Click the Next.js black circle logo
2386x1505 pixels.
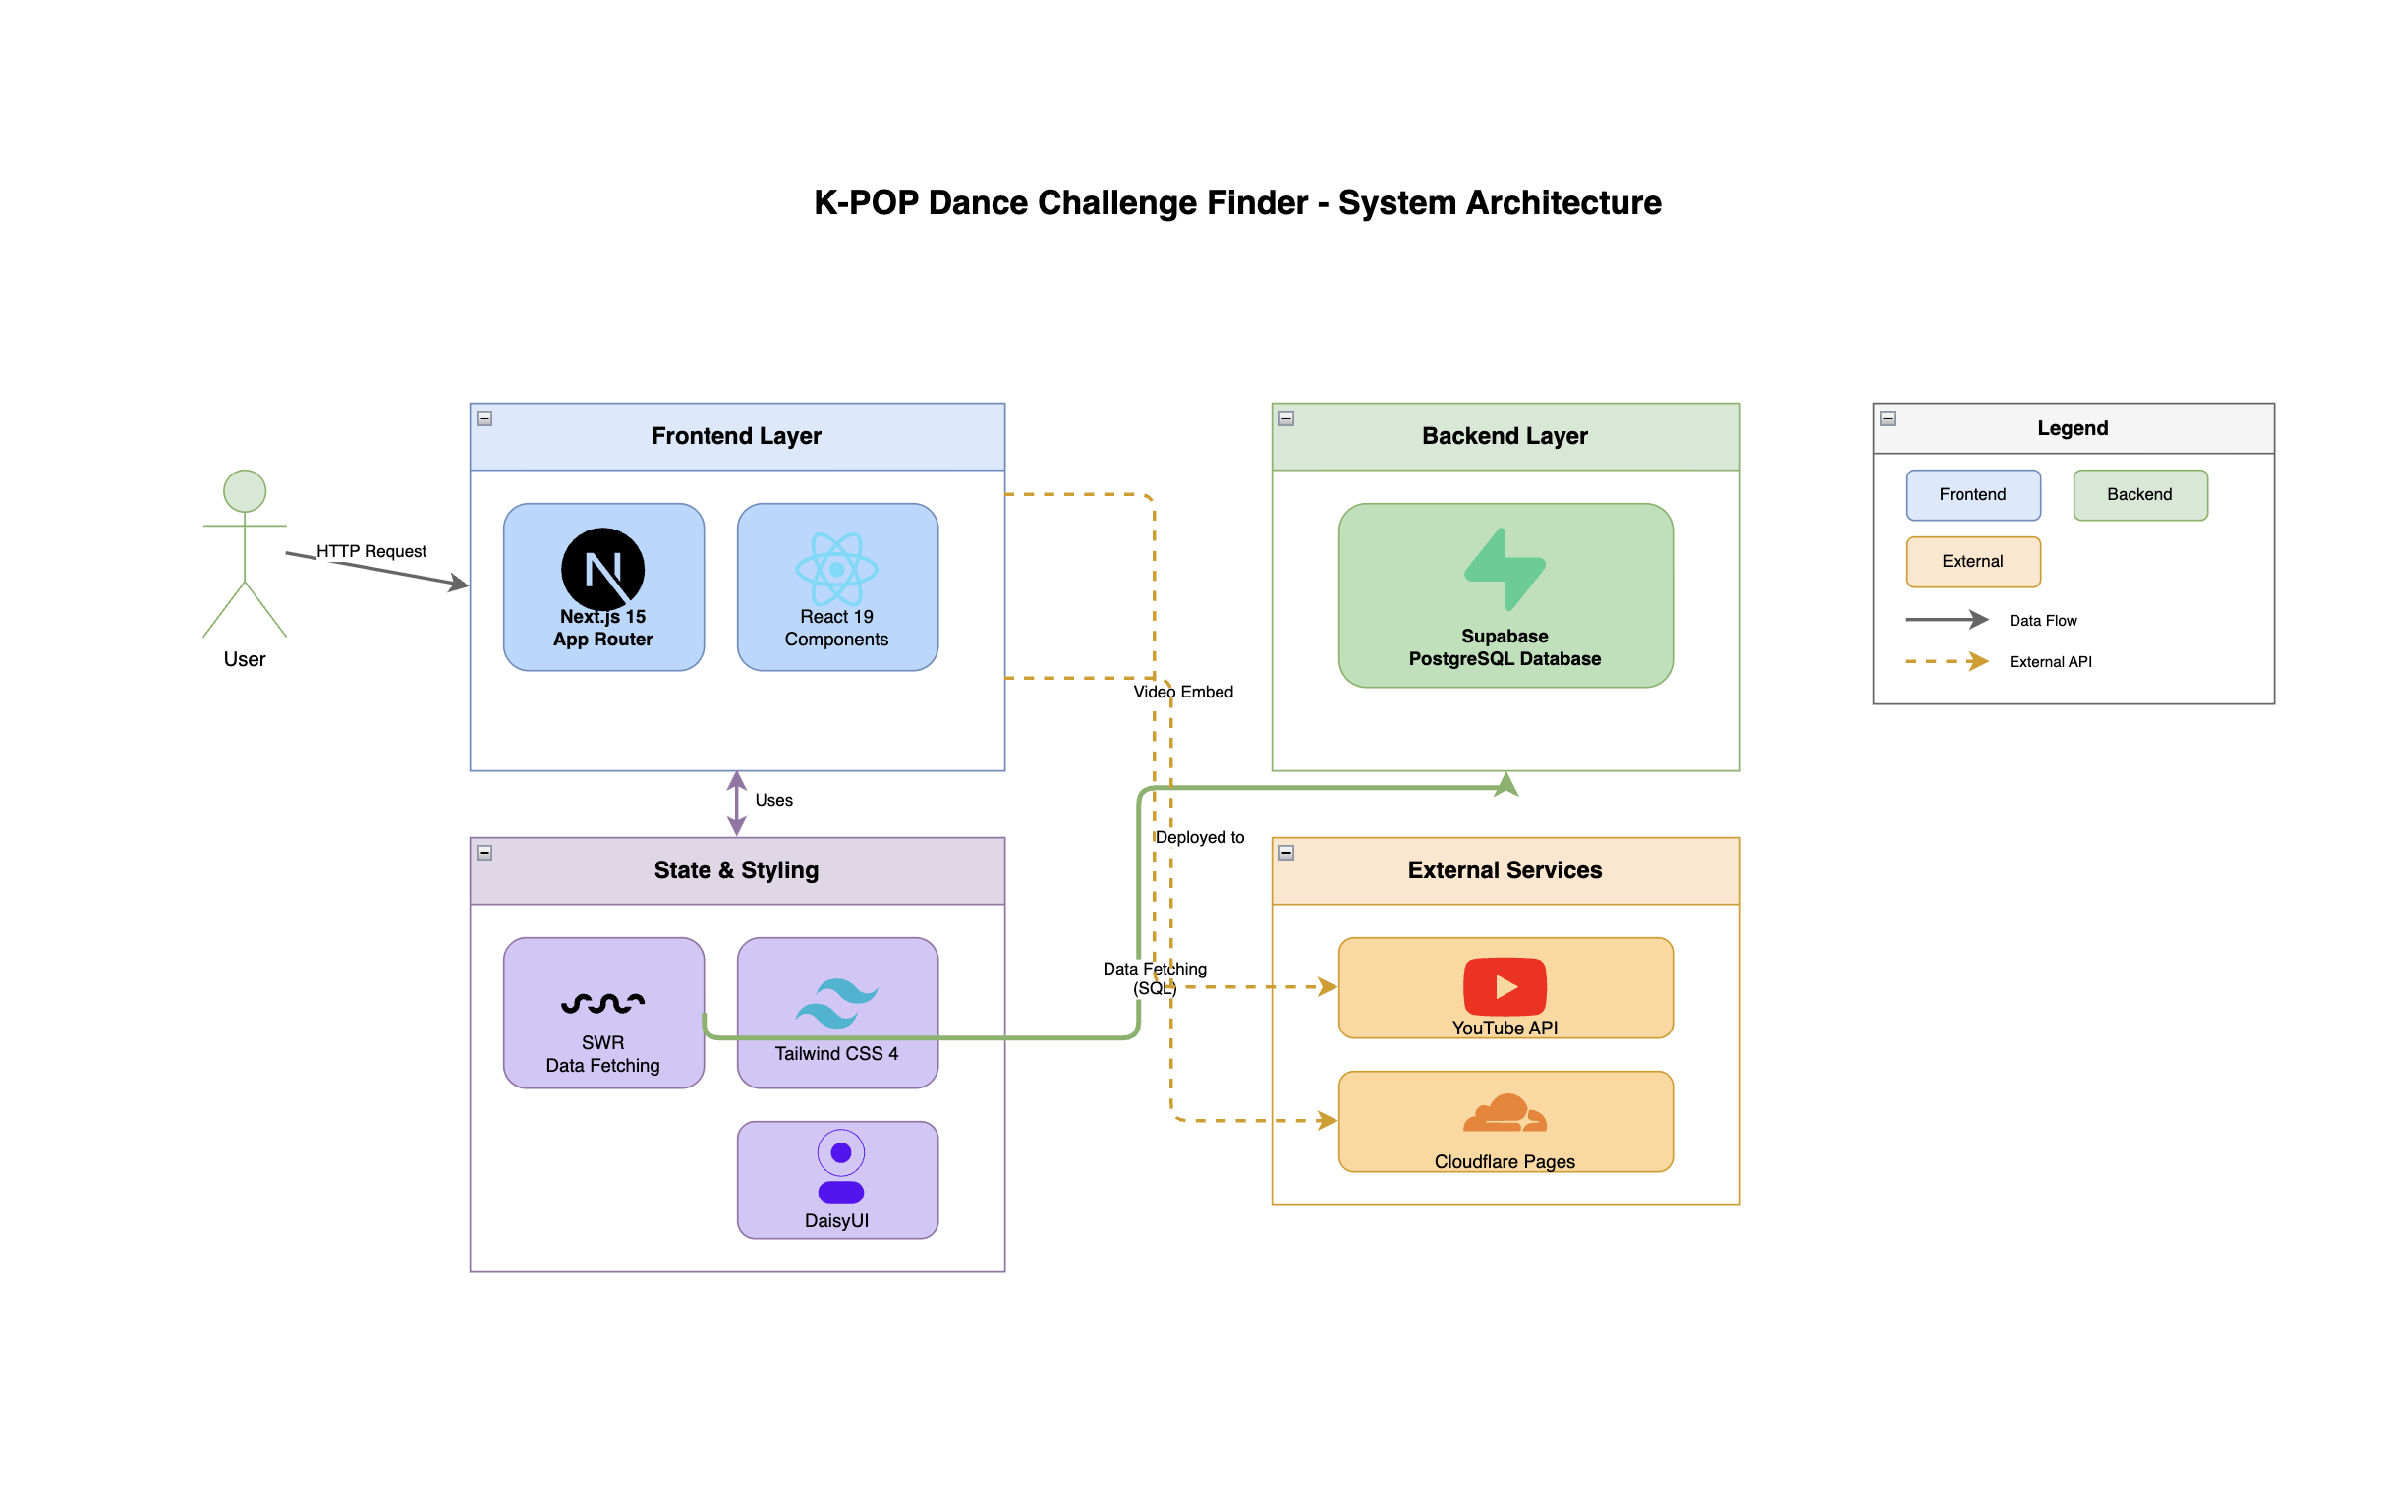[x=602, y=568]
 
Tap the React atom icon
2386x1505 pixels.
[x=836, y=568]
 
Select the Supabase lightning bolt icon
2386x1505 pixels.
[x=1505, y=569]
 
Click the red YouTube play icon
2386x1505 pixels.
[x=1505, y=986]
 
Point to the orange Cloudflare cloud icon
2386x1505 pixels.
[x=1505, y=1114]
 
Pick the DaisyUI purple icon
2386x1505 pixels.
[x=840, y=1167]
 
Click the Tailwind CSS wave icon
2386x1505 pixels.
[x=836, y=1002]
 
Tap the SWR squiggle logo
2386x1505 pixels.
[x=602, y=1003]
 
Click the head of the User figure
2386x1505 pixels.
[x=245, y=490]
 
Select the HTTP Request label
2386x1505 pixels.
[x=370, y=551]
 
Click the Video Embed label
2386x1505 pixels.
[x=1183, y=692]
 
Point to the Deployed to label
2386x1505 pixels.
[x=1199, y=837]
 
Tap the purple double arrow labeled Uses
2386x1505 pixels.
[x=736, y=803]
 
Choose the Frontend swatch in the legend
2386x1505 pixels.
[x=1973, y=494]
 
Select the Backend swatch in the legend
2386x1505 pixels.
[x=2140, y=494]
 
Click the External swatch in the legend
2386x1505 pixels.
[x=1973, y=561]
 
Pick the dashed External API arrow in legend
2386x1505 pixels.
[x=1947, y=661]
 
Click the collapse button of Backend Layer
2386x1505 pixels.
[x=1286, y=418]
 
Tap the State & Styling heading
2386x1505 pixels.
[x=736, y=870]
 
